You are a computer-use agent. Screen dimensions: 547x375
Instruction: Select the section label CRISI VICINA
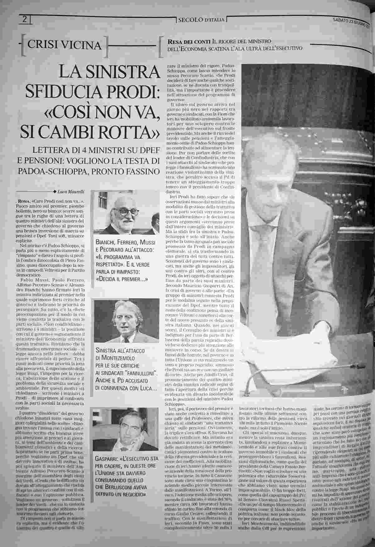(x=65, y=46)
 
